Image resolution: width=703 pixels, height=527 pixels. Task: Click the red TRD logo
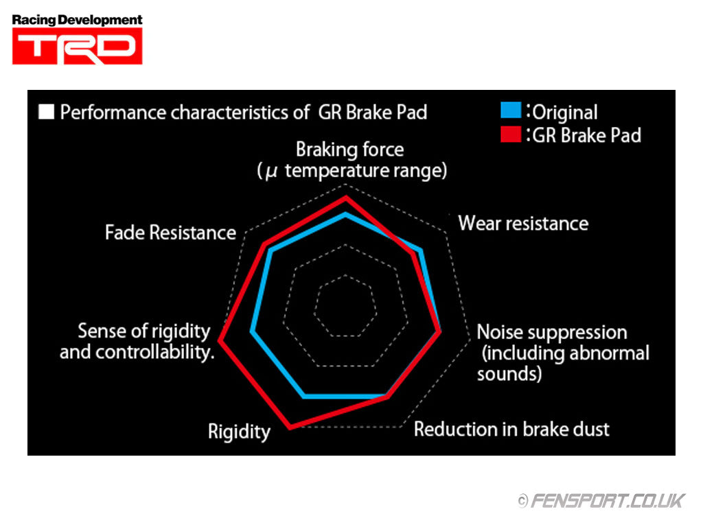(77, 47)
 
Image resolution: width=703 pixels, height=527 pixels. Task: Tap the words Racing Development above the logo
(77, 20)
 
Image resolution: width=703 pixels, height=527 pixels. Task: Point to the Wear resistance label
(523, 223)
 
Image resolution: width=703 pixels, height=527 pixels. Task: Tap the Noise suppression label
(552, 332)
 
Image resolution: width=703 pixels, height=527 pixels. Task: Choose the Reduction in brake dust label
(511, 430)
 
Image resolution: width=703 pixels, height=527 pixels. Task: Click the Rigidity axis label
(239, 432)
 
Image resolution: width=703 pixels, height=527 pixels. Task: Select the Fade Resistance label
(170, 233)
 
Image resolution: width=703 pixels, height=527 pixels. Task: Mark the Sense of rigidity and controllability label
(143, 341)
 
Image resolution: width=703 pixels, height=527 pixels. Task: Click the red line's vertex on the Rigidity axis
(291, 427)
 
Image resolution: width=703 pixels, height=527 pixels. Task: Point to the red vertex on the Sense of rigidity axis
(220, 339)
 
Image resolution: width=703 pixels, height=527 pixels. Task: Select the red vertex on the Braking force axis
(346, 198)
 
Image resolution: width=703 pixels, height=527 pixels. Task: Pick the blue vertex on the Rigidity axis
(304, 396)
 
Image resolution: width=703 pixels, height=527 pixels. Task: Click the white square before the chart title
(47, 112)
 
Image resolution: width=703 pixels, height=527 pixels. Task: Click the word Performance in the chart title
(113, 112)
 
